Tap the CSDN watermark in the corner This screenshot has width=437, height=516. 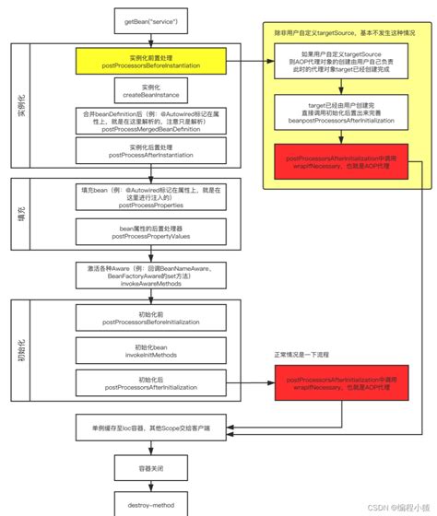(x=392, y=506)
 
